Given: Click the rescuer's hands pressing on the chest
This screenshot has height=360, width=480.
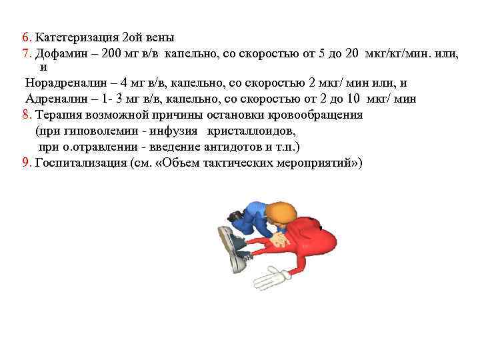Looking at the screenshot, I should pyautogui.click(x=283, y=237).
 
